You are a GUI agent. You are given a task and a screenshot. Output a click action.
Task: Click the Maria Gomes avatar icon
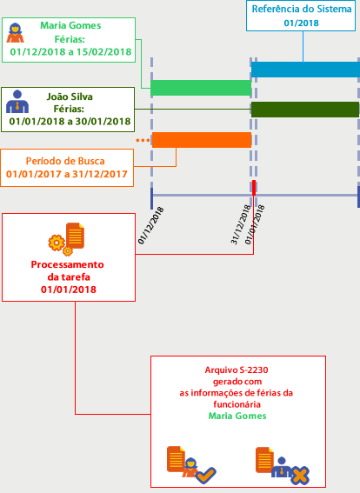coord(15,33)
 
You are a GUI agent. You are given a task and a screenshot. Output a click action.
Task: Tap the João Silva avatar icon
coord(17,101)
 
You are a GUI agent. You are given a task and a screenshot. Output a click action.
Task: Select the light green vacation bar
coord(201,88)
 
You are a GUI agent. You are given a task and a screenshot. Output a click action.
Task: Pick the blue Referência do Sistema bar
coord(305,70)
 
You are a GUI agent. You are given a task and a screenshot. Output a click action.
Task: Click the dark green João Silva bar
coord(305,110)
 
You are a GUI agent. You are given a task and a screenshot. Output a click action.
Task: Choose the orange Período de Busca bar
coord(202,140)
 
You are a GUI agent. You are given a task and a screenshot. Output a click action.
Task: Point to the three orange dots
coord(143,140)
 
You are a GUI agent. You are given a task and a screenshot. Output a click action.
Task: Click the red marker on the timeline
coord(254,188)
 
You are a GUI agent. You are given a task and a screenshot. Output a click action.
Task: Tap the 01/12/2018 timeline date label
coord(151,225)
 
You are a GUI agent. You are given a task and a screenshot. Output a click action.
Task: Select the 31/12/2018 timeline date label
coord(241,224)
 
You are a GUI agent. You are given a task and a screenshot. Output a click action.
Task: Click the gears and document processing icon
coord(66,239)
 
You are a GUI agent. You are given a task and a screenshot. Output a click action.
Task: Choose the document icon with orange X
coord(282,465)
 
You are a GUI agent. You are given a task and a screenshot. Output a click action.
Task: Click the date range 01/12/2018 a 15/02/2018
coord(70,52)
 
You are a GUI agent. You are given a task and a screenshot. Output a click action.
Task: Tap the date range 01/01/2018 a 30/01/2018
coord(70,122)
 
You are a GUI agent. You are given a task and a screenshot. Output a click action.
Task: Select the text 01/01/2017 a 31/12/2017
coord(67,174)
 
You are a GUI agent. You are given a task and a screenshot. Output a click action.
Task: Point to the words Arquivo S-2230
coord(237,370)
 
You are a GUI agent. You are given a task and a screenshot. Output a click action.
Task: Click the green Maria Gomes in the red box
coord(237,416)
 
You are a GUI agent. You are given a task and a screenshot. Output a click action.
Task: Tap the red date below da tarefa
coord(69,290)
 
